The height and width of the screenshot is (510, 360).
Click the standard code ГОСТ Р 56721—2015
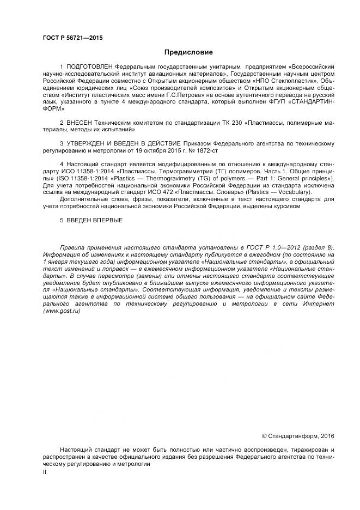point(72,38)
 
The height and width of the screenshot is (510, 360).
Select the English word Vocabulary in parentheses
point(294,192)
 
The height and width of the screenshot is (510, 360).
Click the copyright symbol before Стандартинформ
point(264,435)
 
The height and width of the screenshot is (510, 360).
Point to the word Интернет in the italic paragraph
point(320,303)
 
